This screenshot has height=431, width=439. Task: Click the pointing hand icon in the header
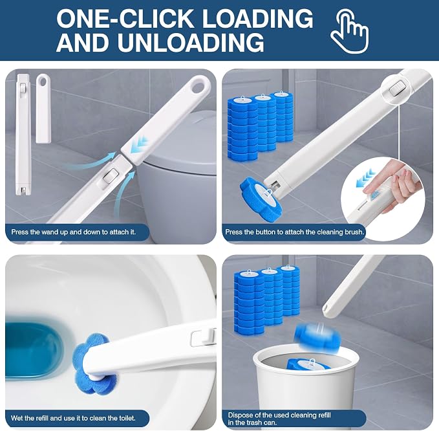pos(350,30)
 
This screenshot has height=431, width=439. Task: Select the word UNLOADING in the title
pos(190,42)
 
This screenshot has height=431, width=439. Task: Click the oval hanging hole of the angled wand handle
pos(200,86)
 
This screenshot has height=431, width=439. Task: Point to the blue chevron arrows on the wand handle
pos(142,140)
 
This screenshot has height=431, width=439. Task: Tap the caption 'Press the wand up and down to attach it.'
pos(73,232)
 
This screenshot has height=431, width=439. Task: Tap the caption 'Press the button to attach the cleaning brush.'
pos(295,232)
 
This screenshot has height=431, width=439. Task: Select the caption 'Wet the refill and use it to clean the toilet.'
pos(73,419)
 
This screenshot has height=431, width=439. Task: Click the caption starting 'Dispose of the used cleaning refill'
pos(279,419)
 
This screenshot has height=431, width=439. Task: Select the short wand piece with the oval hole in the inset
pos(43,109)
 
